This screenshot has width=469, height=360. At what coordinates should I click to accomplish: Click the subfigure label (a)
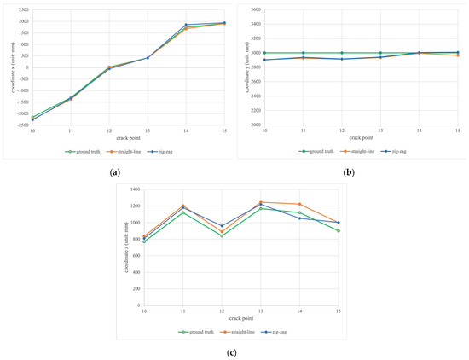(x=114, y=172)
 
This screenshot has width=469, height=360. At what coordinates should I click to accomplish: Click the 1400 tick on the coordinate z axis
(x=133, y=189)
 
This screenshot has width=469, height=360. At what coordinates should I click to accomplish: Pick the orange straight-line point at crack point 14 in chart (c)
(x=300, y=204)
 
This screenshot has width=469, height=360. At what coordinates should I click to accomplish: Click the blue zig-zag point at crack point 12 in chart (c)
(x=222, y=226)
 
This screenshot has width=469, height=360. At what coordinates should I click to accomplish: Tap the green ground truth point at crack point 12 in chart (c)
(x=222, y=236)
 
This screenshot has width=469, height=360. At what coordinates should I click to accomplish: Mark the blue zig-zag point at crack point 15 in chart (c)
(x=339, y=223)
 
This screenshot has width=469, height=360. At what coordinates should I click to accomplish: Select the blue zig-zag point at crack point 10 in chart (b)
(x=264, y=60)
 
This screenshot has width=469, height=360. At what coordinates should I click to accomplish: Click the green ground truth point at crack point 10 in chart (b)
(x=264, y=53)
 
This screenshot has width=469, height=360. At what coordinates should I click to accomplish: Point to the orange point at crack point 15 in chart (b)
(x=458, y=55)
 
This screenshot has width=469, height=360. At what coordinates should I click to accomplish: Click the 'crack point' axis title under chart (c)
(x=240, y=318)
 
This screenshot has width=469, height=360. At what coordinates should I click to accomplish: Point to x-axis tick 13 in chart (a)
(x=148, y=131)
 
